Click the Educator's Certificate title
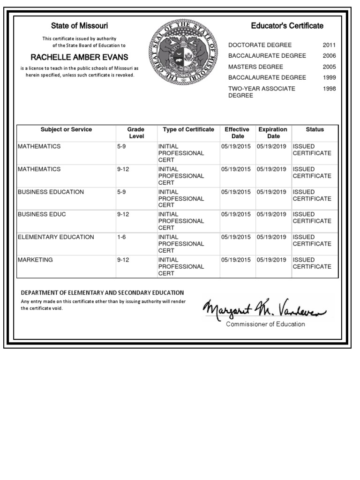tap(287, 26)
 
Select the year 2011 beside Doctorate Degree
tap(329, 45)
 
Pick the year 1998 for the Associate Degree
tap(329, 89)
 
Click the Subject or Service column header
tap(66, 130)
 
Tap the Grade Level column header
tap(136, 133)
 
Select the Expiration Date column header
tap(273, 133)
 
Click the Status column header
tap(315, 130)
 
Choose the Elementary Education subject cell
tap(56, 237)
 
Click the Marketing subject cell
tap(35, 260)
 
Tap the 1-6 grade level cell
tap(121, 237)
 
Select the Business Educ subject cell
tap(42, 214)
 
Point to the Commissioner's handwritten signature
tap(266, 309)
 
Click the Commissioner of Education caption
tap(265, 324)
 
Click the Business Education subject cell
tap(51, 192)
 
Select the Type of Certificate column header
tap(188, 130)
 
